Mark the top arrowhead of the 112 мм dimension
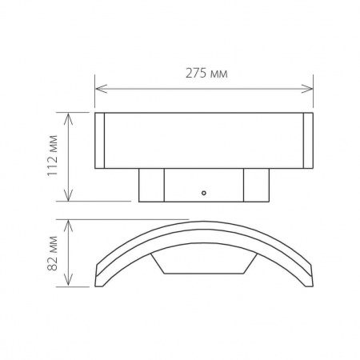71,116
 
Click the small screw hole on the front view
203,192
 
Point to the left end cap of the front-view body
100,141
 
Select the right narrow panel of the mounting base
255,185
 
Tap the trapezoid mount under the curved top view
203,265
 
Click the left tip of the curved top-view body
98,282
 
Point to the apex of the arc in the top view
203,223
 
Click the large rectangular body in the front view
203,141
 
